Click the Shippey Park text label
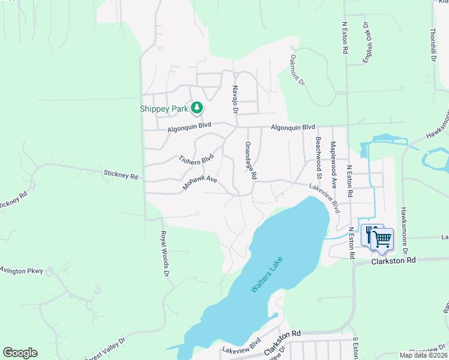(164, 109)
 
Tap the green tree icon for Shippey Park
(196, 108)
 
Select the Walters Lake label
(266, 275)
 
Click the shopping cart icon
(382, 239)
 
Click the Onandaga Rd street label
(250, 161)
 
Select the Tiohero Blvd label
(196, 159)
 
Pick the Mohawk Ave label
(200, 184)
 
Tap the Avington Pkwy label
(22, 271)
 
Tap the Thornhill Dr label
(432, 45)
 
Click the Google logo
(20, 353)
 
